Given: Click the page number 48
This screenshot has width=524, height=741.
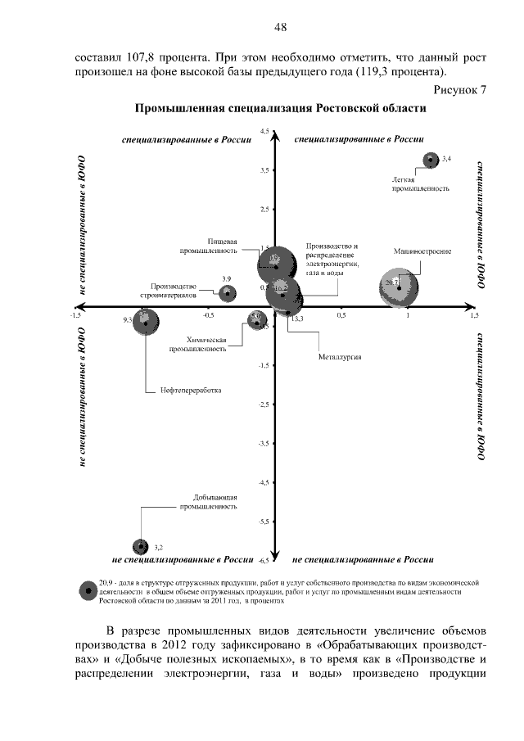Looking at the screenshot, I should point(280,27).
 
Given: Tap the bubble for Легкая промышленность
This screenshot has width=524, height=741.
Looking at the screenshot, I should point(431,160).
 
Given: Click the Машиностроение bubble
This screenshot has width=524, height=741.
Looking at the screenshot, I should point(399,287).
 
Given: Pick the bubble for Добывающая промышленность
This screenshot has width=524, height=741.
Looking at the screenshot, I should point(140,545).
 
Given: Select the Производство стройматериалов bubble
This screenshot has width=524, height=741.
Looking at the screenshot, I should point(228,292).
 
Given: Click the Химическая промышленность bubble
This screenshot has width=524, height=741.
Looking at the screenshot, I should point(256,321).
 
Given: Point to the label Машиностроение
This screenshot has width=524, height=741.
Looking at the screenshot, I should point(422,251).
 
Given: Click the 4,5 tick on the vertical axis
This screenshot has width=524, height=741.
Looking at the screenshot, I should point(264,131).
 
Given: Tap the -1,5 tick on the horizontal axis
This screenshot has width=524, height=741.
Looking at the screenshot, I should point(76,314).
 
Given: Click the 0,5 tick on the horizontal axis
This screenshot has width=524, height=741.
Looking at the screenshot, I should point(341,314).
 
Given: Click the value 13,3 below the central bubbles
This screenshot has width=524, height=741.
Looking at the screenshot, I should point(296,319).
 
